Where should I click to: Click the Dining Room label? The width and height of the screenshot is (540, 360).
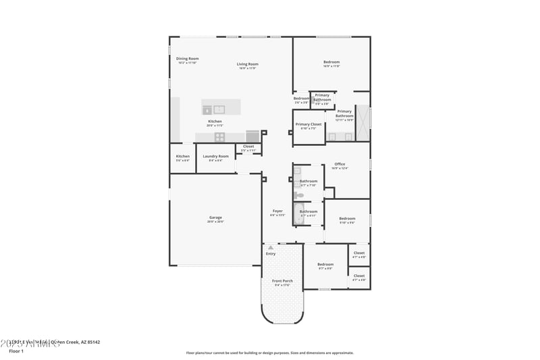(187, 59)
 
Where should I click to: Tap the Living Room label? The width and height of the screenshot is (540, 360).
(247, 65)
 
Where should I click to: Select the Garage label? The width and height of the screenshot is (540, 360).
(215, 218)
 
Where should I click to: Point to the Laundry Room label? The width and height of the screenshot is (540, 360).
(215, 157)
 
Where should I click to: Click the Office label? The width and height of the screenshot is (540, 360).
(340, 165)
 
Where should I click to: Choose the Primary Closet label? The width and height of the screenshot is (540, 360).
(308, 125)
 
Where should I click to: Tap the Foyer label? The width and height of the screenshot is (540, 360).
(277, 211)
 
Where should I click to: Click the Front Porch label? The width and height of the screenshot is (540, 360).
(282, 282)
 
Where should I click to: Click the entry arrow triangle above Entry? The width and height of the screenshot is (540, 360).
(271, 248)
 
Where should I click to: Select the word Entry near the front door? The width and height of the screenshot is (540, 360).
(271, 254)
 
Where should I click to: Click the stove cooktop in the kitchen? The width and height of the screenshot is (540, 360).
(220, 136)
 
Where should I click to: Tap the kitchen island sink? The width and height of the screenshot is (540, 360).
(219, 109)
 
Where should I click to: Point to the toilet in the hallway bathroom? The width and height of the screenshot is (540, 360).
(299, 195)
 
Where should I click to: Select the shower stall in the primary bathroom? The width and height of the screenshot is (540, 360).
(363, 122)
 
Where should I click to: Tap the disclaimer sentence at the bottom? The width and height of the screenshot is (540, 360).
(269, 353)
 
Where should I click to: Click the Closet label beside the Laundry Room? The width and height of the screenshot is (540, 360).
(248, 147)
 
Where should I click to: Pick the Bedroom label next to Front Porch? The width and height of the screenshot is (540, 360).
(325, 265)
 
